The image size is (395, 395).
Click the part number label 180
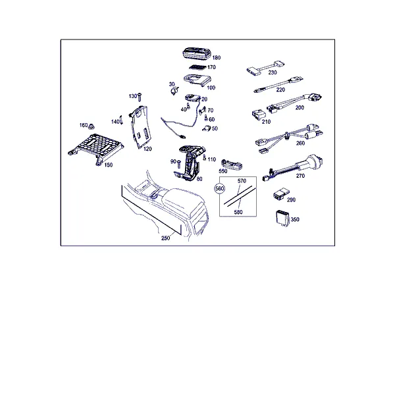(217, 58)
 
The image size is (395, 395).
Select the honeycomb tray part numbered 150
(96, 148)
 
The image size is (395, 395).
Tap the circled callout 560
(220, 188)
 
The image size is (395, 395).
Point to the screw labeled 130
(140, 97)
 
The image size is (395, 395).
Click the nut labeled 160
(91, 126)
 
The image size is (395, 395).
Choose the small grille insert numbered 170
(197, 68)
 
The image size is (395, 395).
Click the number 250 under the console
(165, 238)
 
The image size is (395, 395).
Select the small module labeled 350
(282, 217)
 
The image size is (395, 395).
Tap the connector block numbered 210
(259, 115)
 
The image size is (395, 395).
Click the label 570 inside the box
(242, 181)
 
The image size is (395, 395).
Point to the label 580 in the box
(238, 212)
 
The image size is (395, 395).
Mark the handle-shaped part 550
(232, 164)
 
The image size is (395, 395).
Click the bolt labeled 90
(179, 164)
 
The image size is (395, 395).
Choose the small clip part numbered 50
(206, 128)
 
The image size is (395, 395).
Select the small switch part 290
(281, 194)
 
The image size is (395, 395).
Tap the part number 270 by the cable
(300, 176)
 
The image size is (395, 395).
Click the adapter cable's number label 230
(273, 72)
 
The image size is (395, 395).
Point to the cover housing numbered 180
(196, 54)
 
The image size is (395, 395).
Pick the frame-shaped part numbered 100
(197, 80)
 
